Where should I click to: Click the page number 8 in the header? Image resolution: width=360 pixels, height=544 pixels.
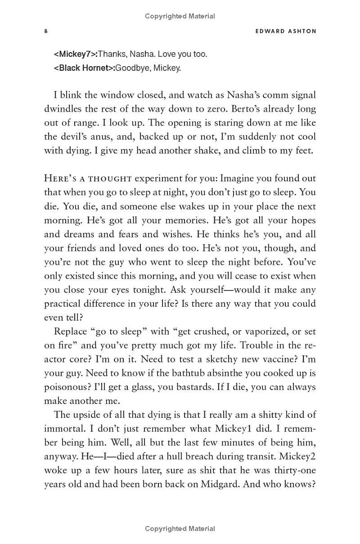(46, 31)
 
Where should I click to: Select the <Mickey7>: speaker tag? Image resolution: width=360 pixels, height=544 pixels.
(75, 54)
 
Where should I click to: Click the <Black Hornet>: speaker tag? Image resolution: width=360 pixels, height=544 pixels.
(84, 68)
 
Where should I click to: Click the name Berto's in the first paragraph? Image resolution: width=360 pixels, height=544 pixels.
(243, 109)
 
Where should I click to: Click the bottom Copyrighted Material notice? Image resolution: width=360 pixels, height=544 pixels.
(180, 529)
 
